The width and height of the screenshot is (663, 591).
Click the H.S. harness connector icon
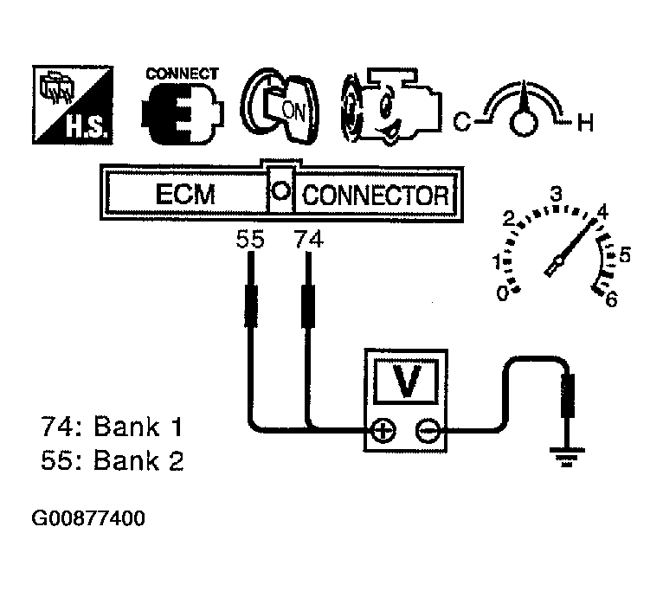[x=73, y=105]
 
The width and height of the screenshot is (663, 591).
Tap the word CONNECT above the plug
[x=183, y=74]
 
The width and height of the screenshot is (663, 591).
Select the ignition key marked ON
[x=280, y=106]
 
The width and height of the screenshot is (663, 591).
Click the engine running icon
[x=391, y=107]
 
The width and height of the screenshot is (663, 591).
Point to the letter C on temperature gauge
[x=461, y=122]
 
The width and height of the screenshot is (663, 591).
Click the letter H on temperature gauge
[x=586, y=123]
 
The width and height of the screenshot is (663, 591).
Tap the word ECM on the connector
[x=185, y=195]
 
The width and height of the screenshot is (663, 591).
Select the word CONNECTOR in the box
[x=376, y=196]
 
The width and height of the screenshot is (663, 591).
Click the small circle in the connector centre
[x=280, y=190]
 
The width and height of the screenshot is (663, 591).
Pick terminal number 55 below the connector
[x=250, y=240]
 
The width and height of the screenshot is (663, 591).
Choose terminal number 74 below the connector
[x=309, y=240]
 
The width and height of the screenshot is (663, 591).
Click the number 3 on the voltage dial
[x=556, y=194]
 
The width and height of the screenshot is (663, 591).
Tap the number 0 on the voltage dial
[x=502, y=293]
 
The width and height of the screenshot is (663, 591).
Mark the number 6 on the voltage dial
[x=611, y=299]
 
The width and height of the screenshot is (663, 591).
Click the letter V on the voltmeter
[x=406, y=381]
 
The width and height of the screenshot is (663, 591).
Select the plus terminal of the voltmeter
[x=383, y=431]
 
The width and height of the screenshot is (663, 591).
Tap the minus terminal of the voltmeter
[x=428, y=431]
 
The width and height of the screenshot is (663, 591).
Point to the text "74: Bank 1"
[x=112, y=427]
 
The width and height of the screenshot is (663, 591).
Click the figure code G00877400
[x=88, y=518]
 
